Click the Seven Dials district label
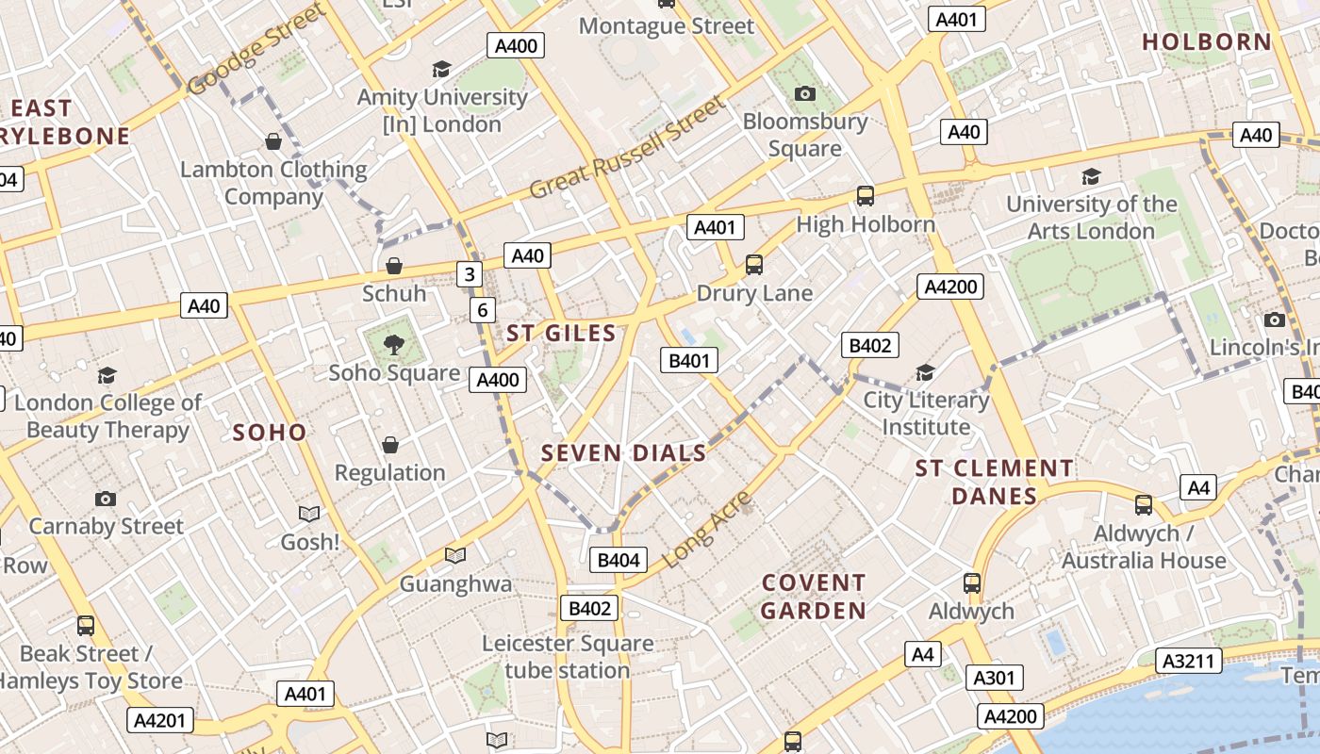point(623,453)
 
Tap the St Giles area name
point(561,334)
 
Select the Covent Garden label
point(813,597)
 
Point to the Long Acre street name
point(707,530)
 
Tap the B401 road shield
point(688,359)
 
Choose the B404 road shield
point(619,560)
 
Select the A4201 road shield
point(160,721)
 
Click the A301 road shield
point(993,678)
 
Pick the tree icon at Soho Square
point(394,345)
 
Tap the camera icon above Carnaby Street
point(106,499)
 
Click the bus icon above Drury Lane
point(754,265)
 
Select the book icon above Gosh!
point(309,514)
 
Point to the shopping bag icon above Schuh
point(394,266)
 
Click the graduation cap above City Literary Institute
point(925,372)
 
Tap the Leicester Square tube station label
point(567,657)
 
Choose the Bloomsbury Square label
point(804,135)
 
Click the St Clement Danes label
point(994,482)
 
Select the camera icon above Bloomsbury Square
point(804,93)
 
